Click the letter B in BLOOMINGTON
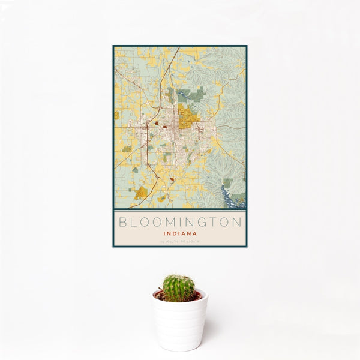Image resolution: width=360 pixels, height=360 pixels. pos(123,222)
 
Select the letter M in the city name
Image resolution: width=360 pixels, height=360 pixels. pos(170,222)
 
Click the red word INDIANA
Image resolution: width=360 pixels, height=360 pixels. pos(180,233)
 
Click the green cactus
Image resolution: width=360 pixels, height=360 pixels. pos(179,288)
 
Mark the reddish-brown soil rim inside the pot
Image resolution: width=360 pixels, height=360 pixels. pos(179,296)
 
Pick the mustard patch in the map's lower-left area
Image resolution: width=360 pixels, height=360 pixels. pos(140,193)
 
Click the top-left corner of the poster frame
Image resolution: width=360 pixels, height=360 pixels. pos(113,46)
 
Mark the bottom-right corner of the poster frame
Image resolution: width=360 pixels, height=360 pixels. pos(247,247)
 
